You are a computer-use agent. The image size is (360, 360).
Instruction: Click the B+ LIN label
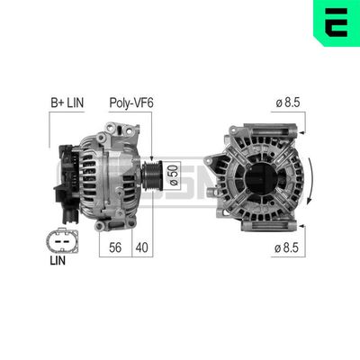pyautogui.click(x=67, y=103)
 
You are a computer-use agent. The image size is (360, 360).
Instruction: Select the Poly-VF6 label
pyautogui.click(x=131, y=103)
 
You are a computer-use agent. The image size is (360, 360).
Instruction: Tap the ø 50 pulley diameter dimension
pyautogui.click(x=175, y=175)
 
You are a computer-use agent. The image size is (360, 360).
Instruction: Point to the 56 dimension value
pyautogui.click(x=115, y=247)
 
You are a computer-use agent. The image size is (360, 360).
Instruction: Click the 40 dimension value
pyautogui.click(x=142, y=247)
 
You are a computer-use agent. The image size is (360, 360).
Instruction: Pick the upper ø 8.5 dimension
pyautogui.click(x=288, y=103)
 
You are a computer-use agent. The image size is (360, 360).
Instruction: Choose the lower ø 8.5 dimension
pyautogui.click(x=286, y=247)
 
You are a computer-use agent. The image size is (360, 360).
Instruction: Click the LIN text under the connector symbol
pyautogui.click(x=58, y=261)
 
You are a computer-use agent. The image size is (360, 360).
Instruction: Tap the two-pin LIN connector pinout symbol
pyautogui.click(x=62, y=241)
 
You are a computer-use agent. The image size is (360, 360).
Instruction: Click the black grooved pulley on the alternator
pyautogui.click(x=152, y=175)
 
